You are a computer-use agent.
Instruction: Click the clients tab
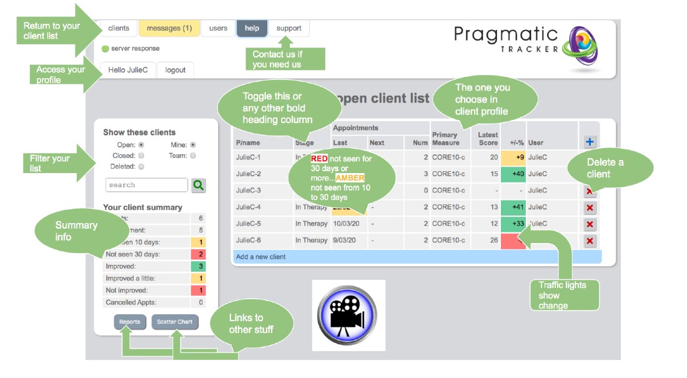click(x=119, y=28)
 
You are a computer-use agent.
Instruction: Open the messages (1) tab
click(x=169, y=28)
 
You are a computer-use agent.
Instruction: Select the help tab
click(x=252, y=28)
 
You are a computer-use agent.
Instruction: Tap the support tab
click(x=289, y=28)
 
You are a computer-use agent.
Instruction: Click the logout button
click(x=175, y=70)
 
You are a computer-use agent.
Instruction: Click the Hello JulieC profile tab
click(x=128, y=70)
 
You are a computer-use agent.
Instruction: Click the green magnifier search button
click(x=199, y=185)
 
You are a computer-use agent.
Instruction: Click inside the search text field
click(x=147, y=185)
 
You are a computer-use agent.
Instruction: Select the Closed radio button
click(x=141, y=156)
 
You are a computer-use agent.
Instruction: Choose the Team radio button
click(x=193, y=156)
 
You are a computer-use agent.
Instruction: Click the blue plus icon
click(x=590, y=142)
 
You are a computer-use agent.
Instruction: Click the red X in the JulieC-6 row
click(x=590, y=241)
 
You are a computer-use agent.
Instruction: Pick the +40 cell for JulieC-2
click(x=513, y=174)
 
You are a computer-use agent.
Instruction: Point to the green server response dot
click(x=105, y=49)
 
